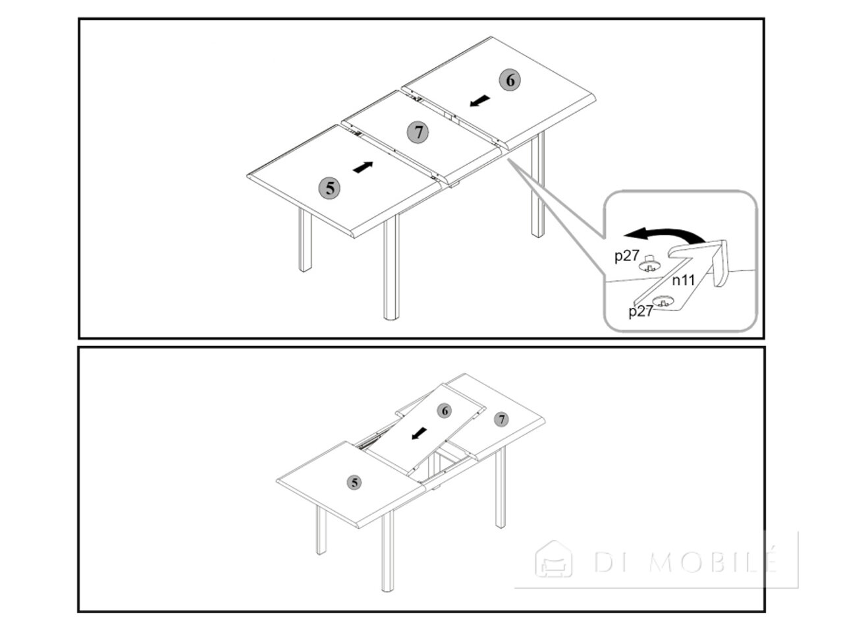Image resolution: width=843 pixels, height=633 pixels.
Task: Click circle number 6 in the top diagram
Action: tap(509, 80)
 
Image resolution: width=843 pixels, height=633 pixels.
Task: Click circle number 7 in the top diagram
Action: tap(418, 133)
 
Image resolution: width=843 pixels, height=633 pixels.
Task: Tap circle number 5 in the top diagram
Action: tap(329, 189)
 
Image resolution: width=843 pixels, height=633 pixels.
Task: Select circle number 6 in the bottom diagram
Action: tap(445, 411)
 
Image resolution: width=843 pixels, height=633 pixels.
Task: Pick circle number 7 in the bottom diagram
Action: tap(501, 419)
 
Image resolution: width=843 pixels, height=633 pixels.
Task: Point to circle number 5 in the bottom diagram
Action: tap(354, 483)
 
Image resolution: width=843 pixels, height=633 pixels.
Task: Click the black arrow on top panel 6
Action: tap(479, 101)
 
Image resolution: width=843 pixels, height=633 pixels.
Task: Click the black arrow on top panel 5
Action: tap(362, 167)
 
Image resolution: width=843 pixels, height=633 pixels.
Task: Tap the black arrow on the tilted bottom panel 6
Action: tap(419, 433)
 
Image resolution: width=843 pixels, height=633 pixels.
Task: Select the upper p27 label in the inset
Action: tap(627, 256)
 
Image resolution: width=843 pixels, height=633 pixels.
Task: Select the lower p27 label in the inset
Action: tap(641, 311)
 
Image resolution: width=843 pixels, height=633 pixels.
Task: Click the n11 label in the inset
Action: tap(683, 281)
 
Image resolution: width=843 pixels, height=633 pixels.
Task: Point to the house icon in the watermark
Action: tap(554, 560)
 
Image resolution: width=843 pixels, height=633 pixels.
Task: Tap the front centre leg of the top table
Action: tap(391, 267)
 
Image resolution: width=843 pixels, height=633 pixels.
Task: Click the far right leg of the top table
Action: tap(537, 185)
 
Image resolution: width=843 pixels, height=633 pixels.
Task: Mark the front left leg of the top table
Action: tap(305, 240)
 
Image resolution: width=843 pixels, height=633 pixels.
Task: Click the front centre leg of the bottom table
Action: tap(388, 551)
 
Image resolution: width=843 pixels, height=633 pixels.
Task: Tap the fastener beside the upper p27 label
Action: tap(649, 264)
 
